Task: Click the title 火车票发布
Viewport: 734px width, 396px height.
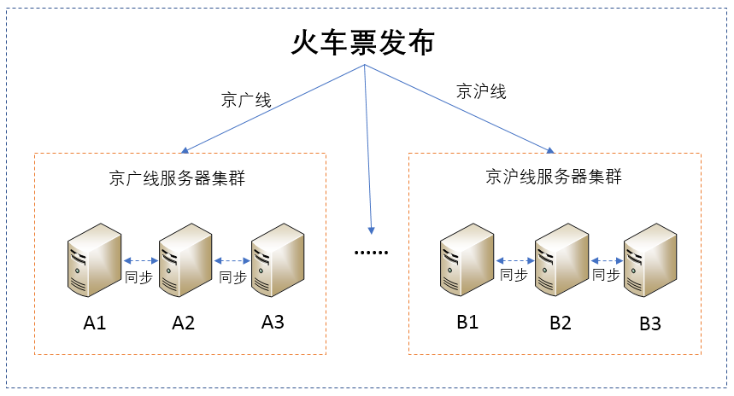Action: pyautogui.click(x=364, y=43)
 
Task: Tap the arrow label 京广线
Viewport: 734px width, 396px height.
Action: pyautogui.click(x=246, y=100)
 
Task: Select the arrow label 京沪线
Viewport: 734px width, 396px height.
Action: pyautogui.click(x=481, y=91)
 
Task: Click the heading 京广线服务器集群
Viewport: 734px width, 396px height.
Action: pyautogui.click(x=178, y=178)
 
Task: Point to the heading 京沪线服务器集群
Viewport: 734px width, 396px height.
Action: pyautogui.click(x=554, y=178)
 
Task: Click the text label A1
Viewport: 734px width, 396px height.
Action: pyautogui.click(x=94, y=323)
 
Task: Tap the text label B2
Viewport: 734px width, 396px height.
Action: pyautogui.click(x=561, y=323)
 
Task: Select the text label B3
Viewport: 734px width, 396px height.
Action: pyautogui.click(x=650, y=324)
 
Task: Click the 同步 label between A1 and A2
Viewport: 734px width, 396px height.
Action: pyautogui.click(x=138, y=277)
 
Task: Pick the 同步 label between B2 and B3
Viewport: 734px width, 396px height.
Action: pyautogui.click(x=606, y=275)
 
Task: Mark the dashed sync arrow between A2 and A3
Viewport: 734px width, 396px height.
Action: pyautogui.click(x=231, y=261)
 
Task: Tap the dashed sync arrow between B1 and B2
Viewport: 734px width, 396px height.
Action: pyautogui.click(x=514, y=260)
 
